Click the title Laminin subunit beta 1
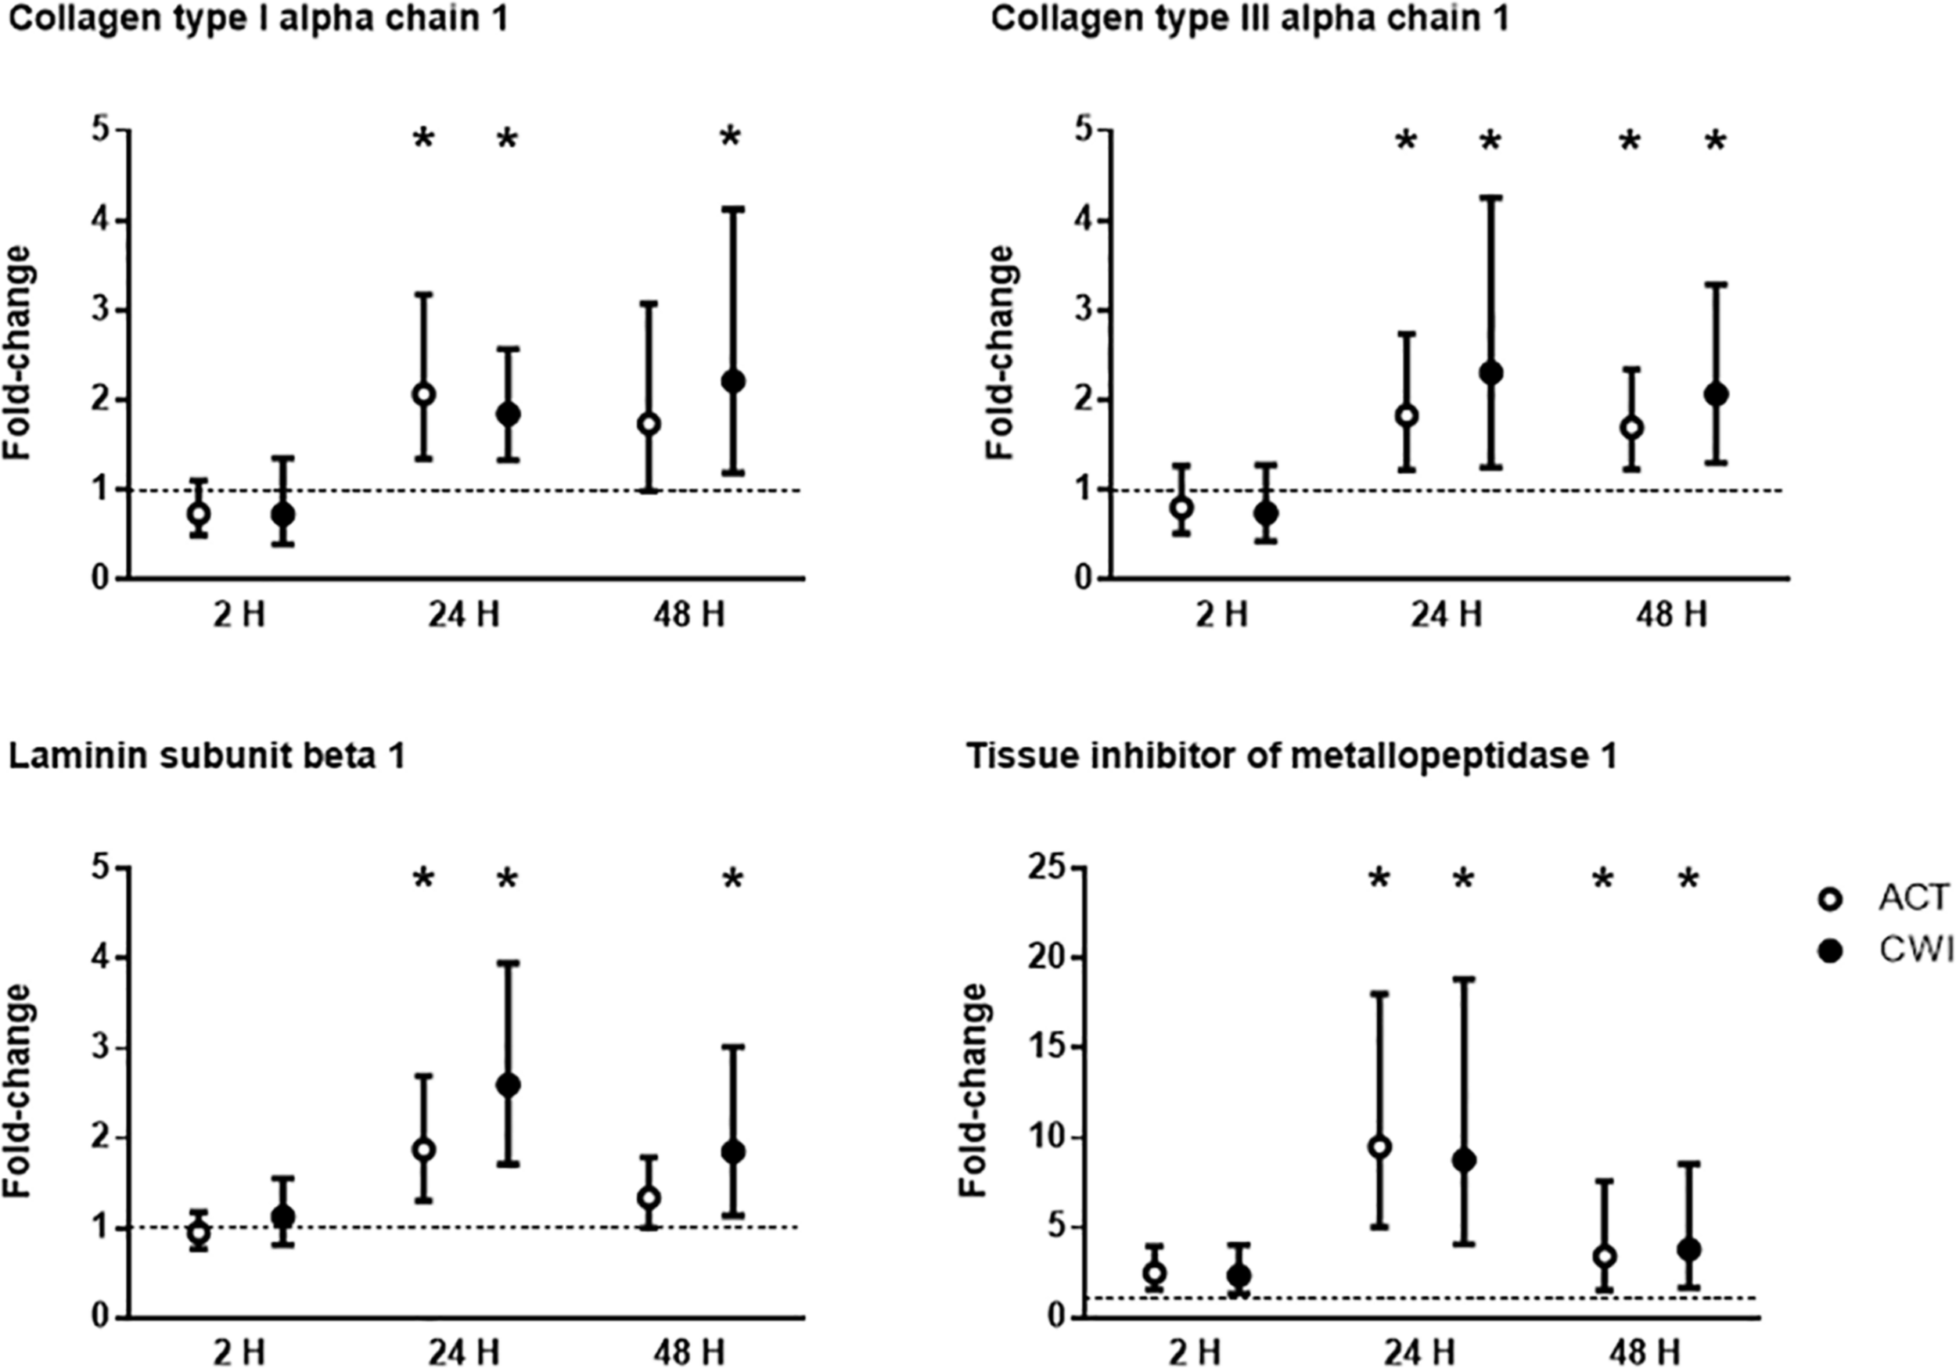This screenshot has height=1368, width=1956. click(x=207, y=756)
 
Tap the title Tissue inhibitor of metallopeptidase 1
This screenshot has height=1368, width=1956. click(x=1291, y=756)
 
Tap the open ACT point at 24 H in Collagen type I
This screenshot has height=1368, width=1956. click(x=423, y=394)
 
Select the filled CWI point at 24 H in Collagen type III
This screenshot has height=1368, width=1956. click(x=1490, y=372)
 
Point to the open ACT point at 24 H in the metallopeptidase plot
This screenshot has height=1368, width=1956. click(x=1379, y=1147)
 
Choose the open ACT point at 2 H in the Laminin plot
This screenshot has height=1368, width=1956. click(x=199, y=1232)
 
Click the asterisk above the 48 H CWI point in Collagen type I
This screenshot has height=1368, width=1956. click(x=731, y=138)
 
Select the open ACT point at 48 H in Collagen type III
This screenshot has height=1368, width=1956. click(x=1631, y=428)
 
